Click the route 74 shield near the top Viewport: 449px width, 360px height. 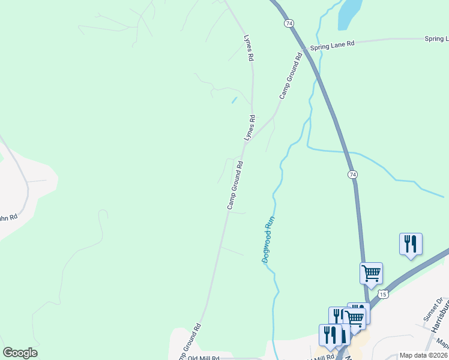tap(289, 23)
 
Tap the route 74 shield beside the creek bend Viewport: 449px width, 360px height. tap(352, 174)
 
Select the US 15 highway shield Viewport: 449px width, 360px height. tap(383, 294)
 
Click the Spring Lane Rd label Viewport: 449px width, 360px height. tap(332, 44)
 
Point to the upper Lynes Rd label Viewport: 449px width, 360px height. tap(248, 48)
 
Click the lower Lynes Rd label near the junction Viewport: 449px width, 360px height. tap(250, 128)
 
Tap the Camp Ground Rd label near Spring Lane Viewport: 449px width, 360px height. tap(289, 76)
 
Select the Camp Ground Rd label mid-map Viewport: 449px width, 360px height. tap(235, 185)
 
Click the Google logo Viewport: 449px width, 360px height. tap(20, 353)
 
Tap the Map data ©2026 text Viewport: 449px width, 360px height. tap(423, 355)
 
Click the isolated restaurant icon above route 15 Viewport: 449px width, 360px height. tap(411, 244)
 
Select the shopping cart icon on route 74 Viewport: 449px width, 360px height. tap(371, 273)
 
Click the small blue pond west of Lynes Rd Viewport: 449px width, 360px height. tap(234, 100)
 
